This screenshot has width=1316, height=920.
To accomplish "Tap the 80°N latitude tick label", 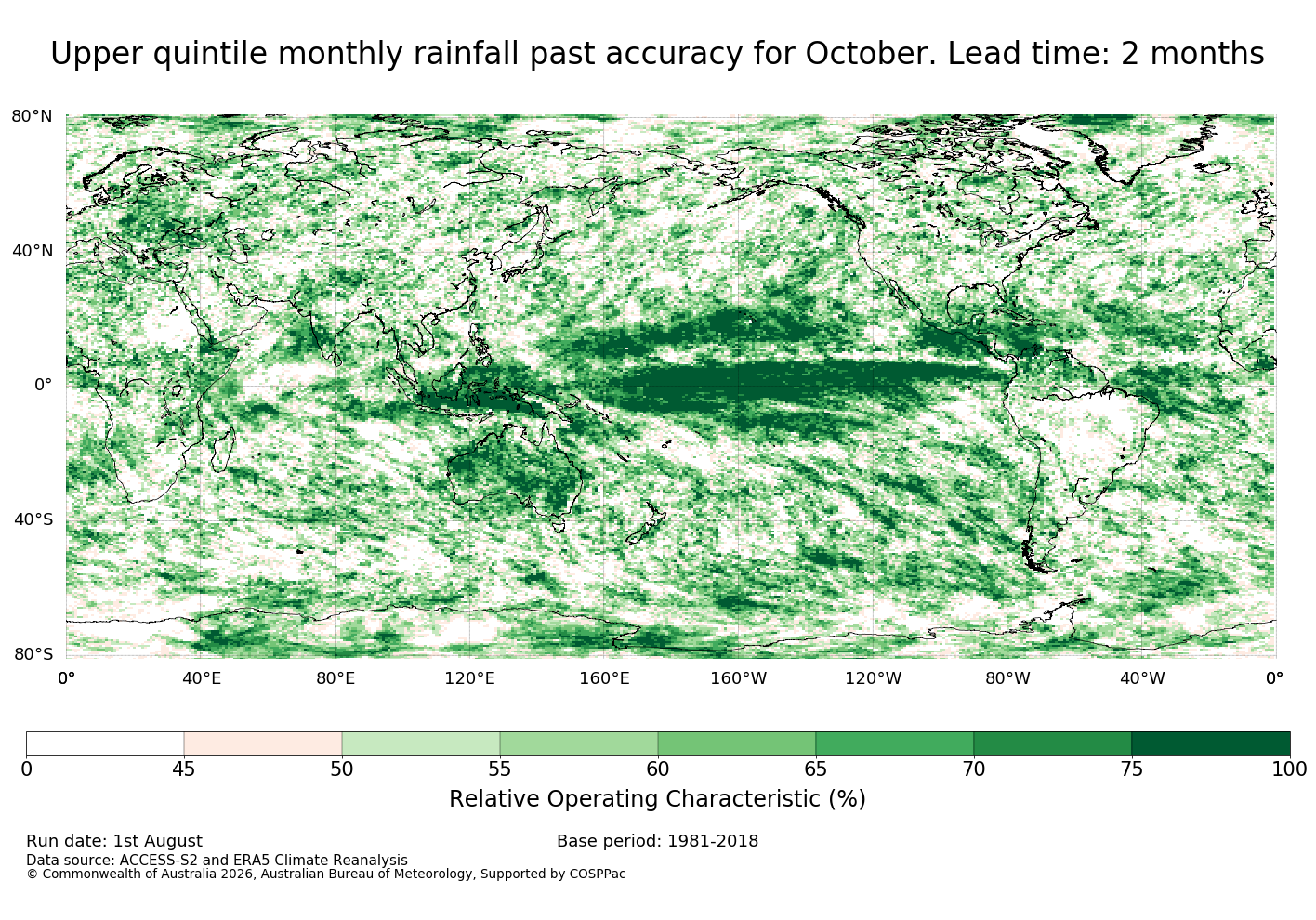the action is click(32, 116).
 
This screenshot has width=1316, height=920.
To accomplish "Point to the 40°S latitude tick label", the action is click(33, 519).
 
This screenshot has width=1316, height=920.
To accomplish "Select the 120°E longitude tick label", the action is click(469, 678).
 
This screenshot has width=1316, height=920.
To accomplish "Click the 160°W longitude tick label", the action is click(739, 678).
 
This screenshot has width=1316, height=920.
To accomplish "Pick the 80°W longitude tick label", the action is click(1007, 678).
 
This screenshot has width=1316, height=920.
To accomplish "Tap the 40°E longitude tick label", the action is click(202, 678).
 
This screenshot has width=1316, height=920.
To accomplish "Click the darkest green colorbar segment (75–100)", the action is click(1211, 743).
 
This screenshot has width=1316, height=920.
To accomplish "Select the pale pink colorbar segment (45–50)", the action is click(263, 743).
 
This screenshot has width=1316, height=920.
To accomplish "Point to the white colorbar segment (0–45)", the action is click(105, 743).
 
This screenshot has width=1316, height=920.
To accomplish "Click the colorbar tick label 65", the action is click(815, 769).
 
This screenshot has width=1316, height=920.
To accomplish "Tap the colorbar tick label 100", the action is click(1290, 769).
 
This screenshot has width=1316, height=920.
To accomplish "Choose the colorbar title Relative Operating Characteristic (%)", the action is click(657, 799).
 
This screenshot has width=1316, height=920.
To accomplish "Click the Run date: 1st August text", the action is click(114, 841).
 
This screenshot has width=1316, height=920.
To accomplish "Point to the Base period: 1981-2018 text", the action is click(657, 841).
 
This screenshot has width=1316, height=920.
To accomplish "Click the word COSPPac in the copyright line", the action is click(597, 874).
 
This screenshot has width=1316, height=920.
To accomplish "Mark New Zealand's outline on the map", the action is click(646, 522).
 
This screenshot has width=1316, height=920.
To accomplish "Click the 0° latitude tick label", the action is click(44, 385).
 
